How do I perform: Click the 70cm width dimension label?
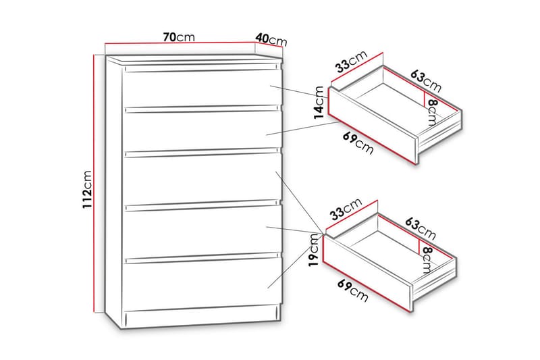pos(179,37)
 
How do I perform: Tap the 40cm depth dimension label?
pos(271,39)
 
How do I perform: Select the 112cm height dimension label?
pos(87,190)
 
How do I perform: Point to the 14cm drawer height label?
pos(319,103)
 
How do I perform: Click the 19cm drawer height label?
pos(313,250)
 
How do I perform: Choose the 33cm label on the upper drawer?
pos(352,61)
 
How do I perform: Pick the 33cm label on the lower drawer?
pos(346,209)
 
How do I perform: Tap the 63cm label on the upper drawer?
pos(426,81)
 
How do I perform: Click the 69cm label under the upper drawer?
pos(358,143)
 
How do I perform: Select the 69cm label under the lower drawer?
pos(353,290)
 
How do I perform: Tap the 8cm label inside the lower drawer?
pos(427,260)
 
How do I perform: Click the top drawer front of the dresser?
pos(202,89)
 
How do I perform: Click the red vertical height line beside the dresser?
pos(94,184)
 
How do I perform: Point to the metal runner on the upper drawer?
pos(440,138)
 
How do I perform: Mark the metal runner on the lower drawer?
pos(435,286)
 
